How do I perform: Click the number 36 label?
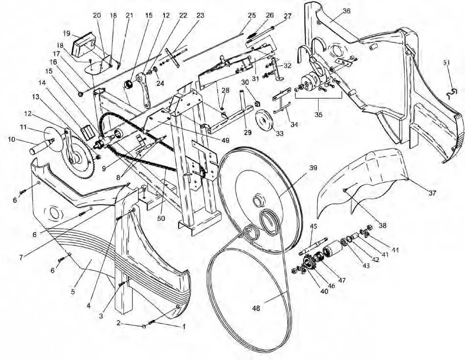pyautogui.click(x=346, y=11)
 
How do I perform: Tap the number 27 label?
pyautogui.click(x=287, y=16)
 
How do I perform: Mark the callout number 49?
pyautogui.click(x=225, y=140)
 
